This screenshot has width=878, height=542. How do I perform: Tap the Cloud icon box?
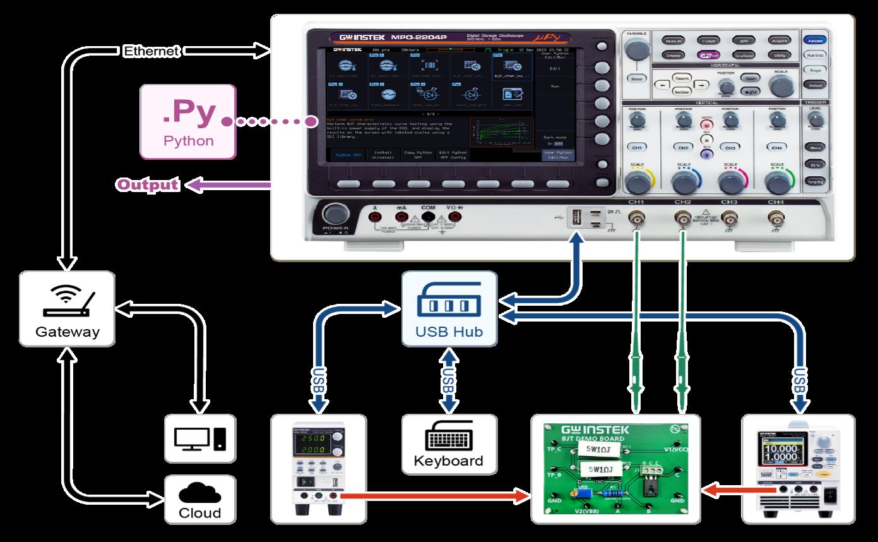click(x=199, y=499)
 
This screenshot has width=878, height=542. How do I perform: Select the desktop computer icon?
click(x=199, y=437)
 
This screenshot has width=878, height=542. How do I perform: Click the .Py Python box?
click(x=188, y=121)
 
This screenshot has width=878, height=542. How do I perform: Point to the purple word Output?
click(x=147, y=184)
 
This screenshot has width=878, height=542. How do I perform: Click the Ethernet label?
click(x=151, y=51)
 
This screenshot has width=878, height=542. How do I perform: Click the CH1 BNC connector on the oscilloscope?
click(x=636, y=219)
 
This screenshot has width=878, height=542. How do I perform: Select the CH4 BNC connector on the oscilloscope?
click(x=776, y=219)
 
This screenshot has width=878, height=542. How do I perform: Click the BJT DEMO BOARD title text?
click(x=593, y=438)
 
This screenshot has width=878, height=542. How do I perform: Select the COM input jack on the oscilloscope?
click(x=428, y=217)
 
